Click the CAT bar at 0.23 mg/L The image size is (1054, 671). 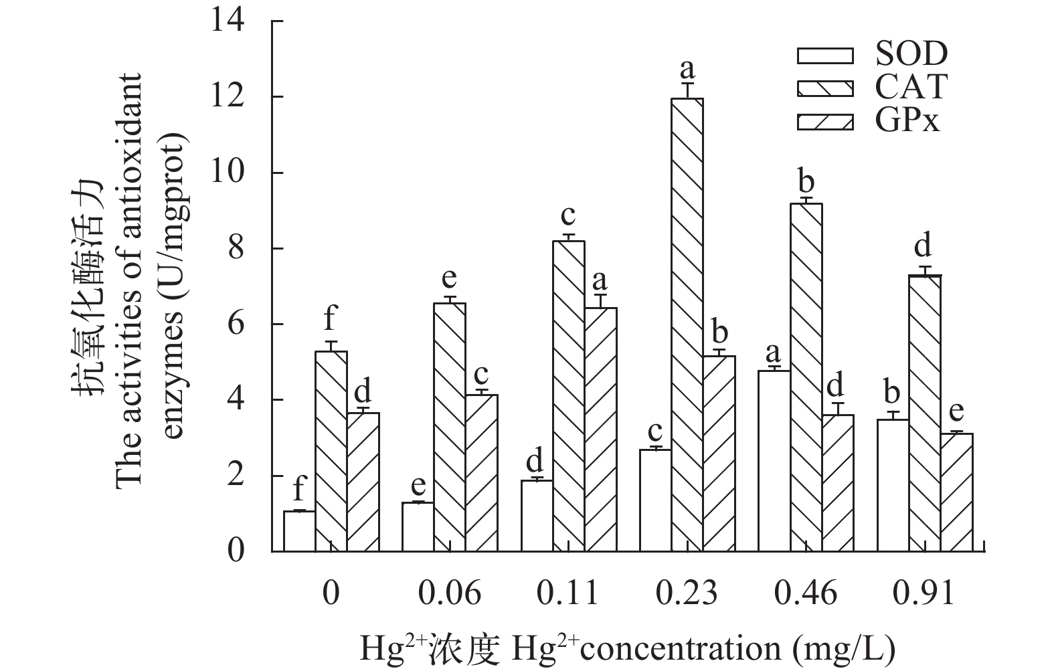[687, 325]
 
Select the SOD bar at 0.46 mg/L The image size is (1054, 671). [774, 461]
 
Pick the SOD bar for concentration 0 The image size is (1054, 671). [299, 531]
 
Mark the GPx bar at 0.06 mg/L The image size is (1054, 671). [482, 473]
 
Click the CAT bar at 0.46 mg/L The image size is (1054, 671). [806, 377]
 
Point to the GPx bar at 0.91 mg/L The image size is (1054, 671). [957, 492]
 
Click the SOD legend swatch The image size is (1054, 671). [825, 55]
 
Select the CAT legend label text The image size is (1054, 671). [911, 87]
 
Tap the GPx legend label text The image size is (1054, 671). [907, 121]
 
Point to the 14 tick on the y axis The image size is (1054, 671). [228, 21]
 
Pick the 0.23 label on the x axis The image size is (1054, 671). [687, 593]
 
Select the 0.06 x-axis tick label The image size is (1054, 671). [450, 593]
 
